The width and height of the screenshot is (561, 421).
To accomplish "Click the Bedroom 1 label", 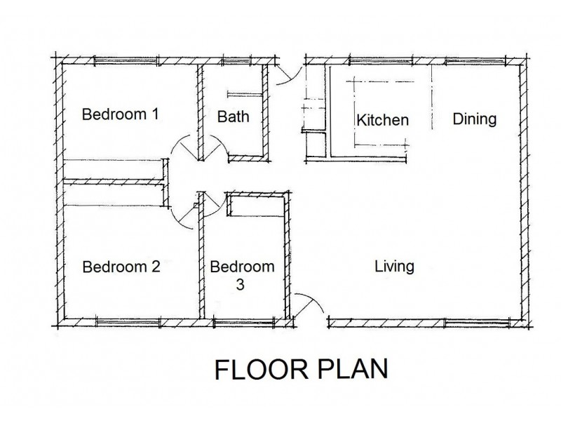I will coord(121,114).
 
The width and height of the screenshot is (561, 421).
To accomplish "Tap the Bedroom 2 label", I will coord(121,267).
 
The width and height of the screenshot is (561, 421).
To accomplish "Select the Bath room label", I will coord(233,116).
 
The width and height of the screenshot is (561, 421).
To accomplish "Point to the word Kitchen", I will coord(382,120).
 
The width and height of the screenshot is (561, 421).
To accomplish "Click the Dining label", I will coord(474,118).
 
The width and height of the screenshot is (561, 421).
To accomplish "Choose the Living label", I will coord(394,267).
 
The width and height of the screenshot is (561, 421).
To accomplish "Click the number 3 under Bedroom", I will coord(241,286).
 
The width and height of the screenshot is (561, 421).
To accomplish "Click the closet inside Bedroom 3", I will coord(255,208).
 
